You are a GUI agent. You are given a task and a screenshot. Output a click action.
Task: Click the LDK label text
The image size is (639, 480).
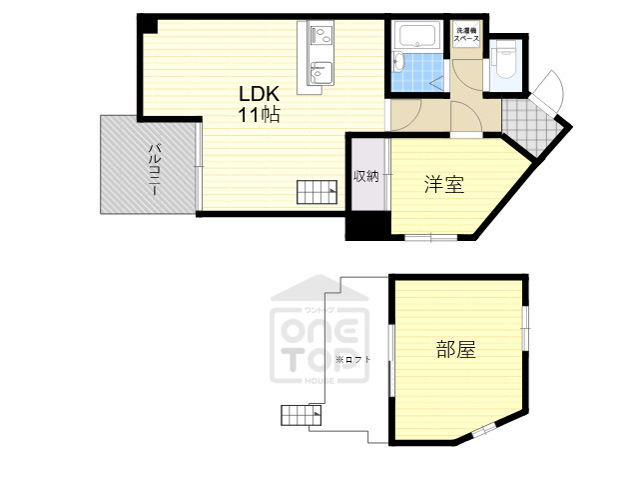click(258, 94)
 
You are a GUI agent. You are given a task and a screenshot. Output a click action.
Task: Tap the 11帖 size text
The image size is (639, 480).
click(258, 115)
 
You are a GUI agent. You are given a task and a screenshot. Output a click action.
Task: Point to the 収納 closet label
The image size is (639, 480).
click(366, 177)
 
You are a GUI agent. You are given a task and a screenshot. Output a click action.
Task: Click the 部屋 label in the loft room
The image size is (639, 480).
click(455, 350)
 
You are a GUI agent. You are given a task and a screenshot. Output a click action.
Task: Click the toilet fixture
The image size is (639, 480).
click(504, 58)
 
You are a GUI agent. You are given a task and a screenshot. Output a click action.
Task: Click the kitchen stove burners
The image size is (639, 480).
click(321, 37)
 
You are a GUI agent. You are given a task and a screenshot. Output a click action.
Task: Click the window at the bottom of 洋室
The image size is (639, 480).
click(431, 237)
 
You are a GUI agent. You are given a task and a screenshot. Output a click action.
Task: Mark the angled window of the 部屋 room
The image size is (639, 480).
click(483, 430)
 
